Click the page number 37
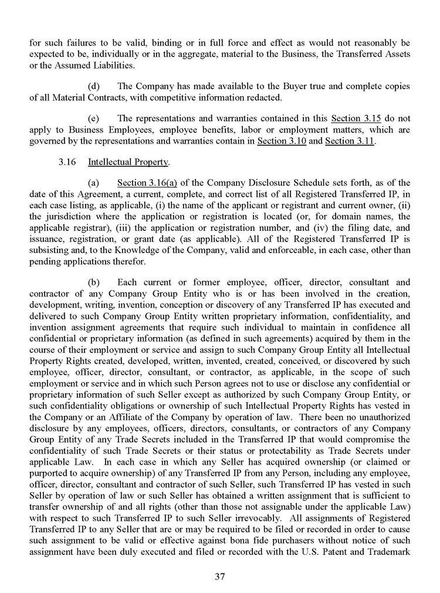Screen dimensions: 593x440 coord(220,576)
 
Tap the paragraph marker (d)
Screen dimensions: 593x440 coord(94,86)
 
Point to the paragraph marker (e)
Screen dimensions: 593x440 coord(94,119)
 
